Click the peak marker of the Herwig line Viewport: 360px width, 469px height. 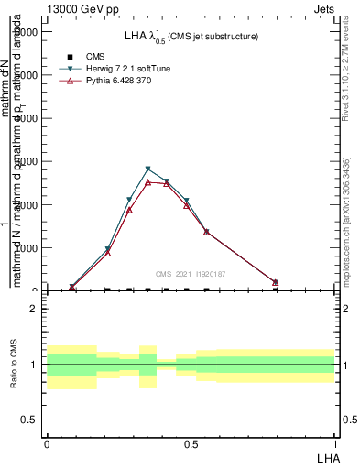click(148, 169)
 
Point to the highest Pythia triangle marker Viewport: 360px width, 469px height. click(148, 182)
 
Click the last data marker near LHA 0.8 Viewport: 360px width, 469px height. click(275, 282)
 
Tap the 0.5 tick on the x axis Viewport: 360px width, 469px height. click(191, 443)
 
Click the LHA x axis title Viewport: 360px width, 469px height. click(327, 456)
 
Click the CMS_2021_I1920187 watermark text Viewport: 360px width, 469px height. click(190, 274)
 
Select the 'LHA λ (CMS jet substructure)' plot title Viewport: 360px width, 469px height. click(191, 36)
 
